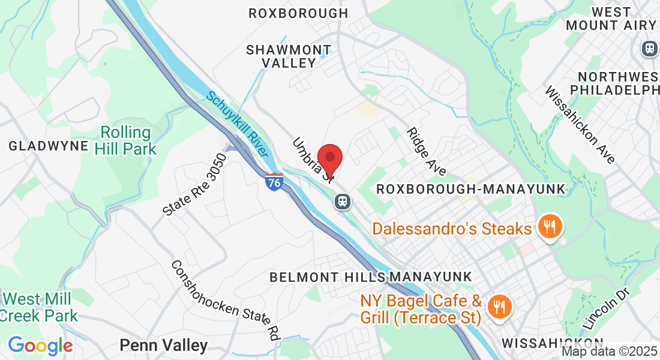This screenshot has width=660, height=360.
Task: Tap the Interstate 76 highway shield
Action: (274, 181)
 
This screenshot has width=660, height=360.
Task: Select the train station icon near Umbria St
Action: (343, 201)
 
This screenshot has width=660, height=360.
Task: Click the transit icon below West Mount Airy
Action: (649, 49)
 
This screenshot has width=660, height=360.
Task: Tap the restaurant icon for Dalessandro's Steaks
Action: (549, 227)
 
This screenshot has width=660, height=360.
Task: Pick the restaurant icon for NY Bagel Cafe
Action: (497, 307)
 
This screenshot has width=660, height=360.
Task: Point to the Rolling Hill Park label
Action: (128, 140)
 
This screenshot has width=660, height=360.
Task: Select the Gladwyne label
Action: (49, 146)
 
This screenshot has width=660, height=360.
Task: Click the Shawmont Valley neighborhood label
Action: (289, 56)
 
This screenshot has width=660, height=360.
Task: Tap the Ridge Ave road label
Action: (425, 152)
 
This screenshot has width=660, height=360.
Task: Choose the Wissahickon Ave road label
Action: (580, 125)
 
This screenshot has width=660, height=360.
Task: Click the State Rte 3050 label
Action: (195, 185)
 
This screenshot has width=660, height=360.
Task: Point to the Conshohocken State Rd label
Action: (226, 300)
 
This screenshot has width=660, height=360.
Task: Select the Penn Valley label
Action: (163, 346)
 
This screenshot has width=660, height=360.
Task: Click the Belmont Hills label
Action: (327, 277)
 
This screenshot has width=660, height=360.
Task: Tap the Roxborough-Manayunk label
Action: (470, 189)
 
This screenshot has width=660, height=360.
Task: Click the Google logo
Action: (40, 346)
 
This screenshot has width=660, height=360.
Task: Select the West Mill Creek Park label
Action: (39, 307)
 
